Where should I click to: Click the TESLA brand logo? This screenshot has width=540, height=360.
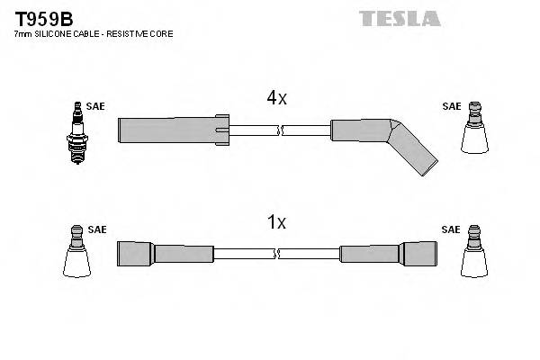click(400, 18)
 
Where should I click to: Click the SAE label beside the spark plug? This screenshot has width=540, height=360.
click(96, 106)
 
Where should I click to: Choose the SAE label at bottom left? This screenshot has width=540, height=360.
click(96, 229)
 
